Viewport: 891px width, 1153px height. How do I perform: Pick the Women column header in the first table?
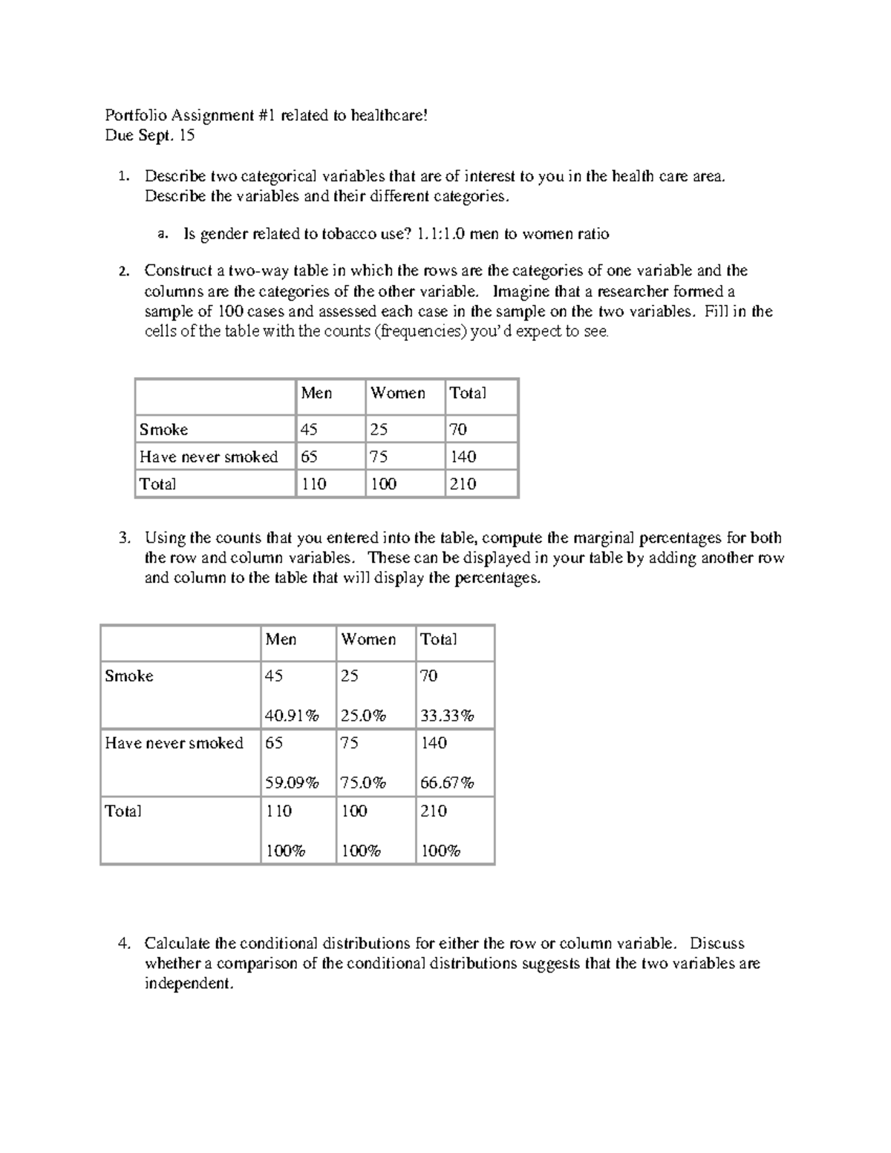398,393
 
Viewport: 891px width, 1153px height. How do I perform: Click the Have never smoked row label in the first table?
209,457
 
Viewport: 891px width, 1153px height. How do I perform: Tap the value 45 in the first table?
309,430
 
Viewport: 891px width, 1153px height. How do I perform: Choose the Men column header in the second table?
281,639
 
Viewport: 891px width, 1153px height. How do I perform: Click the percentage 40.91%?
292,716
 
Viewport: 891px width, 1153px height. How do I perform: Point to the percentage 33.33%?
447,716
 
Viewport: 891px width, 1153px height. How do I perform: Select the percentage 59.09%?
292,783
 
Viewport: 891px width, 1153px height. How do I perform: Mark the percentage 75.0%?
363,783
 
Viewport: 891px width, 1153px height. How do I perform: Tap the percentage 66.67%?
447,783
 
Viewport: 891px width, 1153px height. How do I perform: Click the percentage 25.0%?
363,716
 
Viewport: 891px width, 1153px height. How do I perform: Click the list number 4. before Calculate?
124,944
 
